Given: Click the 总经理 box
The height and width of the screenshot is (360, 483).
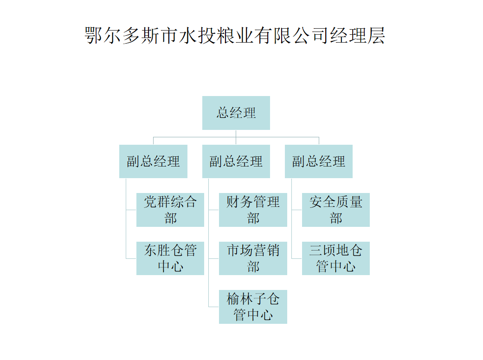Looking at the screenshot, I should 236,113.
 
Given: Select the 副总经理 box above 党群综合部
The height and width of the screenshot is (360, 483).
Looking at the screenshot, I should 153,161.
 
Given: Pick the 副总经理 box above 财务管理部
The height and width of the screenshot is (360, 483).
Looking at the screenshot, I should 236,161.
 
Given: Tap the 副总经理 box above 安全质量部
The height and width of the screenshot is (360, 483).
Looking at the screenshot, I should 318,161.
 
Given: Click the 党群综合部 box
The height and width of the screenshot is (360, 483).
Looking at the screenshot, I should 170,210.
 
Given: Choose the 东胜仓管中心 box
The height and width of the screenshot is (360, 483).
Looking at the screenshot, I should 170,258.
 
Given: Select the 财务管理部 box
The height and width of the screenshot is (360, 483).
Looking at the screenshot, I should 253,210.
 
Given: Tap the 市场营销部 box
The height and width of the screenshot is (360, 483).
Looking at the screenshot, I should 253,258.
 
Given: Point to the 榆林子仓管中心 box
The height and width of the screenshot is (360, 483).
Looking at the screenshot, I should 253,307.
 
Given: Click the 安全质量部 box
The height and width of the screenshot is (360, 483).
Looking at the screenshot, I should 335,210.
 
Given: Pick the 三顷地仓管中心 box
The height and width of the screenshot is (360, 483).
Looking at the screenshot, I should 335,258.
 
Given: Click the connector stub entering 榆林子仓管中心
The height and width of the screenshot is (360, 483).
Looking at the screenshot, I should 214,307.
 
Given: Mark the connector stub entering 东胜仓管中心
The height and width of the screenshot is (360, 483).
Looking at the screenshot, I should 131,258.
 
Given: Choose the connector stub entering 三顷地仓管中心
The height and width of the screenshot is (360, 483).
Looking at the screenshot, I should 297,258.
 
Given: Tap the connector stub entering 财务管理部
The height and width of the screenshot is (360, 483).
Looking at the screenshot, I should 214,210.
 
